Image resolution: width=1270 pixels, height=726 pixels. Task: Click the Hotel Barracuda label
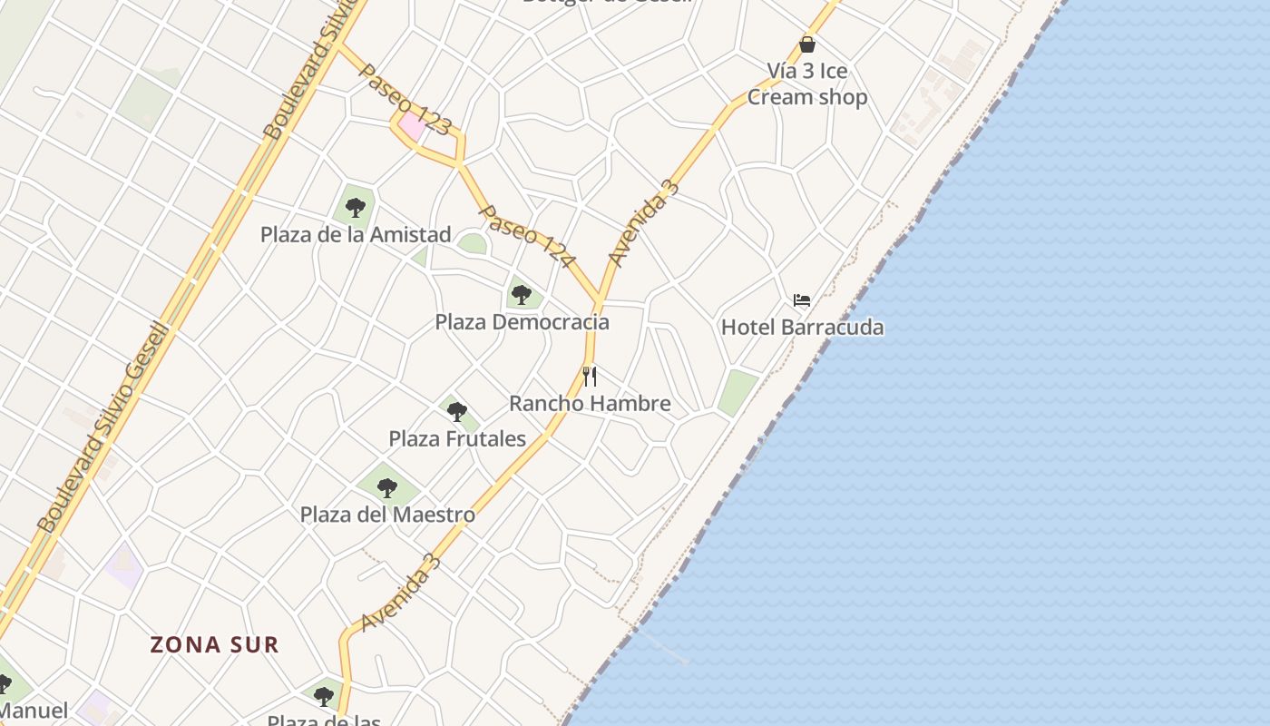[802, 327]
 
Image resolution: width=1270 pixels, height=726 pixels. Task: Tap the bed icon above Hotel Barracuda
[801, 300]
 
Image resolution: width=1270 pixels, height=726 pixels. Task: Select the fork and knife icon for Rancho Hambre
[590, 376]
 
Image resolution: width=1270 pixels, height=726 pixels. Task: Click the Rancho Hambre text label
[590, 403]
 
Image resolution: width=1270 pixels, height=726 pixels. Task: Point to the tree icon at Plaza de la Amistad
[355, 207]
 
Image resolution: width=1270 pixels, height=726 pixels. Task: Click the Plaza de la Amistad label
[356, 234]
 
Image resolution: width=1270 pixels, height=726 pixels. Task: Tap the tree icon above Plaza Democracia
[521, 294]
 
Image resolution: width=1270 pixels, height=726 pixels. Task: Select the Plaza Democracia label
[522, 322]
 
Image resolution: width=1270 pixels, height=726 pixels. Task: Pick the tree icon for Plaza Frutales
[457, 411]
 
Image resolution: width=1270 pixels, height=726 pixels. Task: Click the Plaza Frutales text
[457, 438]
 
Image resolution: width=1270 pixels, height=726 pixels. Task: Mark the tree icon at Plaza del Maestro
[387, 487]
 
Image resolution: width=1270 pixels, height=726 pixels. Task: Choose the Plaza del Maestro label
[387, 515]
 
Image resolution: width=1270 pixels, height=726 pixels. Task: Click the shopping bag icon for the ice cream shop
[807, 44]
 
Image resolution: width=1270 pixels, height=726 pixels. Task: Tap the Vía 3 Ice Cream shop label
[807, 83]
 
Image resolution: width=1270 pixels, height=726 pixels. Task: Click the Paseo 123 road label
[404, 99]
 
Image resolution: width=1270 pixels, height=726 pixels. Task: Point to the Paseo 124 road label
[527, 236]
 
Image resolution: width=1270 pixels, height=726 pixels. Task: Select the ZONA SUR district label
[214, 645]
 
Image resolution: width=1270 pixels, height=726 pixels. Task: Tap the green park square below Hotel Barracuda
[738, 392]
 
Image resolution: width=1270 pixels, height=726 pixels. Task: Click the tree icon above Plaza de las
[324, 697]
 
